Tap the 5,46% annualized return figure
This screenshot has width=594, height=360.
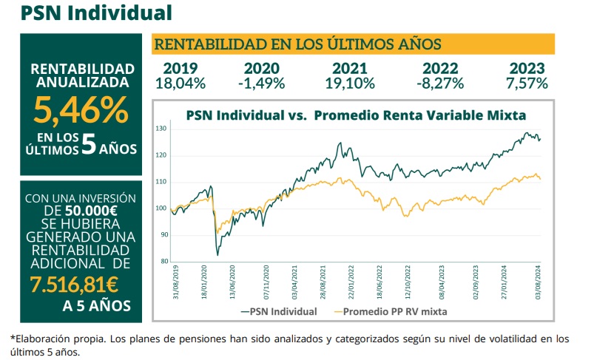pyautogui.click(x=79, y=110)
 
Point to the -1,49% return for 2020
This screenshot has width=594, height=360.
pyautogui.click(x=261, y=83)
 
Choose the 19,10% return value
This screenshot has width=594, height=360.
pyautogui.click(x=347, y=83)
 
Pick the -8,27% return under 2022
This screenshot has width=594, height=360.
pyautogui.click(x=439, y=83)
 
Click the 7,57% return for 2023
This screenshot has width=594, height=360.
pyautogui.click(x=527, y=83)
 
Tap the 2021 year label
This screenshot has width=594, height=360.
pyautogui.click(x=347, y=68)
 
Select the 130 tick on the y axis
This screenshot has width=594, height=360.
pyautogui.click(x=161, y=129)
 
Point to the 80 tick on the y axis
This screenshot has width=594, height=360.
pyautogui.click(x=163, y=261)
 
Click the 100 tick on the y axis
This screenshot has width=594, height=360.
pyautogui.click(x=161, y=208)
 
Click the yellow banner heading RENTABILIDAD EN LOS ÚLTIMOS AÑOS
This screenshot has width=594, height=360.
pyautogui.click(x=297, y=44)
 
